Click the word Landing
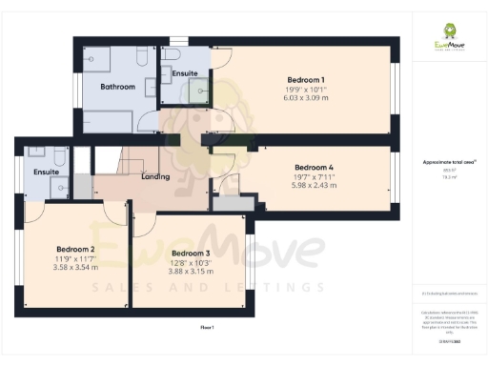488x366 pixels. (155, 177)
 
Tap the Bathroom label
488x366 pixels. (118, 87)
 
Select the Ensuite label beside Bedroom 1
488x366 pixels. (185, 72)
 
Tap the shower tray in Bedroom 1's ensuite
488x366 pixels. (198, 91)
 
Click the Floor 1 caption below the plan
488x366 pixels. (207, 327)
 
